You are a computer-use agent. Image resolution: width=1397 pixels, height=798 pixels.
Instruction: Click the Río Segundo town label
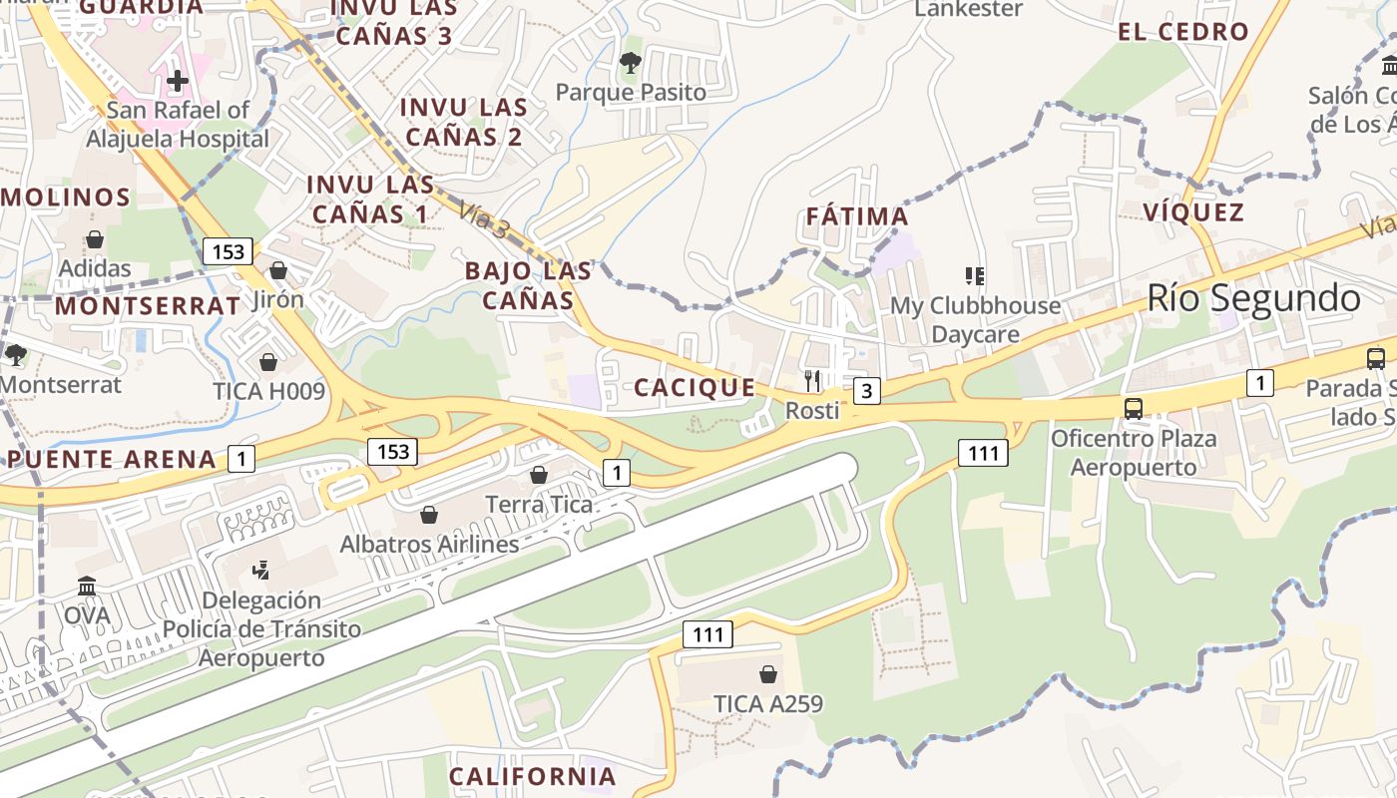click(1252, 298)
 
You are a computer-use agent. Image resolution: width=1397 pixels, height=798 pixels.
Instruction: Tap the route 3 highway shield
click(867, 391)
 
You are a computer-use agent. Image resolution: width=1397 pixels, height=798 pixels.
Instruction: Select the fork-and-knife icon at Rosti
click(812, 380)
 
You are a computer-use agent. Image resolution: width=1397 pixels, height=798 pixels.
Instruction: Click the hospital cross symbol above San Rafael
click(178, 81)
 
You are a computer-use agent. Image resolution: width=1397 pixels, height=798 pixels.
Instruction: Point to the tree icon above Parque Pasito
click(630, 63)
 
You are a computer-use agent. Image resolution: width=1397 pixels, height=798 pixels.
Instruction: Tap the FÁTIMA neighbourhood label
click(856, 216)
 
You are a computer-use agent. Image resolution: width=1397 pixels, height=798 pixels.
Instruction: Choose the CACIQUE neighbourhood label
click(695, 387)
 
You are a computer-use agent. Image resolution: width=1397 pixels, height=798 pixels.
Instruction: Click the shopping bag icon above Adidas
click(95, 239)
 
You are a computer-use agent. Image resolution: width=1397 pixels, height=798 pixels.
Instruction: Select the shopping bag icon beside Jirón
click(278, 270)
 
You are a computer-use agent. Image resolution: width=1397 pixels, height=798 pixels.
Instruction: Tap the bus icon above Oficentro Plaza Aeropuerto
click(1134, 408)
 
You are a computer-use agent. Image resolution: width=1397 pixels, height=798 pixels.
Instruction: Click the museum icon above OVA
click(87, 587)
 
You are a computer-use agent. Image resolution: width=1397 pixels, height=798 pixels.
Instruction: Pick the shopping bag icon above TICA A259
click(768, 674)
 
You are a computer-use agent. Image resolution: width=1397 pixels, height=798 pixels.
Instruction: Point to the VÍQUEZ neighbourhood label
click(1193, 211)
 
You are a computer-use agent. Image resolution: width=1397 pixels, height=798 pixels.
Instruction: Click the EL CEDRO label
click(1182, 31)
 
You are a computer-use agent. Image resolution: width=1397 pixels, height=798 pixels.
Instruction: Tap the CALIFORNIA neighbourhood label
click(532, 776)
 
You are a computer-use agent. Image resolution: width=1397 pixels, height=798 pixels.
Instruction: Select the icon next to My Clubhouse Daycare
click(975, 275)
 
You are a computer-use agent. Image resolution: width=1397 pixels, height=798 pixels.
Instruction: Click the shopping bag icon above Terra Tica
click(539, 474)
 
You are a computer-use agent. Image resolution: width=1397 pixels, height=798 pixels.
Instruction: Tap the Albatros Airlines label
click(429, 545)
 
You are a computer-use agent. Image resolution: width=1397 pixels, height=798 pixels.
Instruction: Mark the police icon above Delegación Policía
click(260, 571)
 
